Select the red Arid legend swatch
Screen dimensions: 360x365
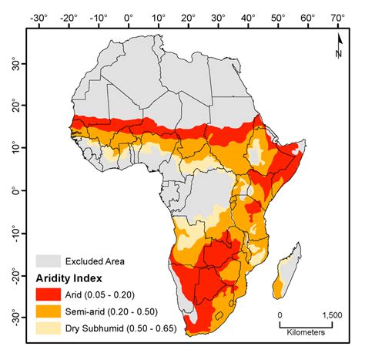pos(50,294)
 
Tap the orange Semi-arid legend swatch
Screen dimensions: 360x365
pos(50,311)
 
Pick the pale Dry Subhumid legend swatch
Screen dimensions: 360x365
pos(50,328)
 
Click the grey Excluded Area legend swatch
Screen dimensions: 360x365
pos(50,260)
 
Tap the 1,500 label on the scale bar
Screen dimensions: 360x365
pos(331,315)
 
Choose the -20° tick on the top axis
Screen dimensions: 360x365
pos(67,15)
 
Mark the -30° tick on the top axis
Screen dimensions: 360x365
pos(37,15)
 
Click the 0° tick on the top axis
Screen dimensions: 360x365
pos(128,15)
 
